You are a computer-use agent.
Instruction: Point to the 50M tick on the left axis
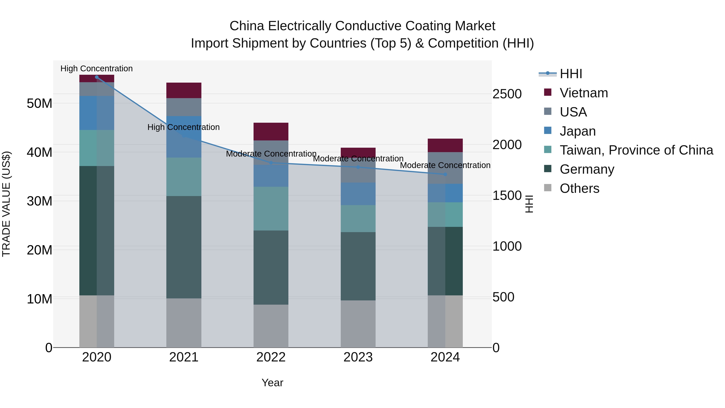39,104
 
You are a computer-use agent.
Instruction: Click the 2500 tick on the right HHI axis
507,94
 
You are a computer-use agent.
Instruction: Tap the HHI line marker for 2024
445,174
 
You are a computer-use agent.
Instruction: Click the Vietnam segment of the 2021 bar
184,90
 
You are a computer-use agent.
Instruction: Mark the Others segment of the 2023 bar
358,324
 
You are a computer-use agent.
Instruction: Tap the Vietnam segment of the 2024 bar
445,145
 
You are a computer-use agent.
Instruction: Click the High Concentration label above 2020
96,69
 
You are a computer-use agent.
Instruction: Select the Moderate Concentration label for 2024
445,165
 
